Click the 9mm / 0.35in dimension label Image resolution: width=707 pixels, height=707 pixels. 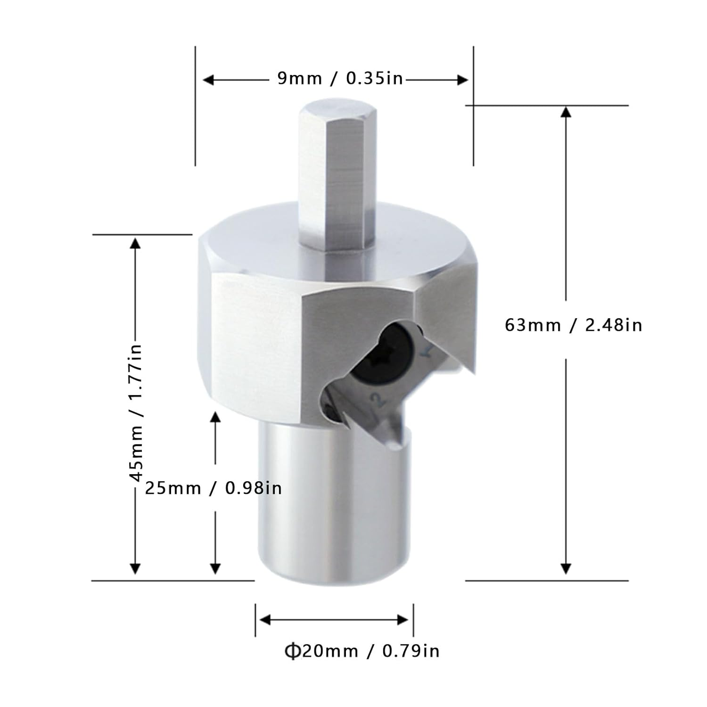(x=340, y=78)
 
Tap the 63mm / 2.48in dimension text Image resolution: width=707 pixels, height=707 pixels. (x=573, y=325)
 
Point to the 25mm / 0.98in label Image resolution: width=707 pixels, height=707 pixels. (x=213, y=488)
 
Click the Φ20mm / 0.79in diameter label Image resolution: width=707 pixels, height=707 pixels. (x=362, y=651)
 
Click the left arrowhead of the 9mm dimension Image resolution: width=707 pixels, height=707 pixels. (x=208, y=80)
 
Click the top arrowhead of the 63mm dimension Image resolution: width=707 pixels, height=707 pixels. (x=566, y=112)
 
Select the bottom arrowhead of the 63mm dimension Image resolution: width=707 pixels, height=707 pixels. (x=566, y=569)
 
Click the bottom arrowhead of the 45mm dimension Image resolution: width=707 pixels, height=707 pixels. (x=135, y=569)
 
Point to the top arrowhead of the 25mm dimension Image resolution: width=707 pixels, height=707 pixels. (x=215, y=417)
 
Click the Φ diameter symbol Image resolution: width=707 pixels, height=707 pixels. (x=292, y=651)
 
